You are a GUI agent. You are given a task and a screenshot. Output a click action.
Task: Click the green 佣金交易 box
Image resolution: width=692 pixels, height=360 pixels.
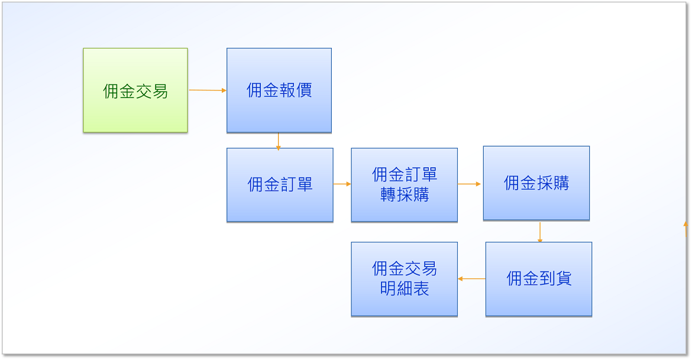click(x=135, y=90)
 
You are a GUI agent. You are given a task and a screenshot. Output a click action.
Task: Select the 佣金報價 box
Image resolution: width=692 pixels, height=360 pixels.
click(x=279, y=90)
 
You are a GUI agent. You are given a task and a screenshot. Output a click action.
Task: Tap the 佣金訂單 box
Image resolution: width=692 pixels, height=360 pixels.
click(x=280, y=184)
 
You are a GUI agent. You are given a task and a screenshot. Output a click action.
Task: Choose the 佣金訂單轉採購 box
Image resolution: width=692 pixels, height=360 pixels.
click(x=404, y=184)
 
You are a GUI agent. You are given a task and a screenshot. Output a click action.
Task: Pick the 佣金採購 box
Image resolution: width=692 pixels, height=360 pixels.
click(x=536, y=183)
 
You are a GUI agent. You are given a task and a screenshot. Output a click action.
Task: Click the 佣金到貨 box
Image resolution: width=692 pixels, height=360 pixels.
click(x=539, y=279)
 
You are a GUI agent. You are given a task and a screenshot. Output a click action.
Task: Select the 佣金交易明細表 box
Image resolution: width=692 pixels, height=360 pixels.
click(x=404, y=279)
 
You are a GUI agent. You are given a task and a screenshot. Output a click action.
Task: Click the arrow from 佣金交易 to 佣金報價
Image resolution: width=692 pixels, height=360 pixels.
click(x=208, y=90)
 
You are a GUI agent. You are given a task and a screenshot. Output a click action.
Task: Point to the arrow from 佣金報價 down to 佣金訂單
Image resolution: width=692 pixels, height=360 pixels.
click(x=278, y=142)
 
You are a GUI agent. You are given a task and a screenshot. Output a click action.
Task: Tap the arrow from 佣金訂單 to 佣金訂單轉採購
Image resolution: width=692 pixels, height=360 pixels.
click(x=342, y=184)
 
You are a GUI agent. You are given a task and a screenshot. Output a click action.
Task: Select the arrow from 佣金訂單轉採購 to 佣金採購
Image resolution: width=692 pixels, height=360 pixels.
click(x=469, y=184)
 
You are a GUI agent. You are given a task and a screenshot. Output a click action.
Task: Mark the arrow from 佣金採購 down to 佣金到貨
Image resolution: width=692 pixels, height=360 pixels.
click(x=540, y=232)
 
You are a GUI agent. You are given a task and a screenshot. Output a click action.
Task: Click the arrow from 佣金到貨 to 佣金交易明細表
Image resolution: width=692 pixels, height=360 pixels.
click(x=471, y=279)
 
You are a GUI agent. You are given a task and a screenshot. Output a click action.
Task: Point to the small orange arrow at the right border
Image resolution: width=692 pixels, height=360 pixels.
click(x=686, y=229)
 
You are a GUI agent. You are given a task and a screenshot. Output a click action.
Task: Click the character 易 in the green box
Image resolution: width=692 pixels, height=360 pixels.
click(x=160, y=91)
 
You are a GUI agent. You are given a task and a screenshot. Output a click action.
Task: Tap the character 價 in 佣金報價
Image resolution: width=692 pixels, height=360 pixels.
click(x=304, y=90)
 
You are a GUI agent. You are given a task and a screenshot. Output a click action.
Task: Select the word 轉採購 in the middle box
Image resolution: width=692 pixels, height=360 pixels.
click(x=405, y=194)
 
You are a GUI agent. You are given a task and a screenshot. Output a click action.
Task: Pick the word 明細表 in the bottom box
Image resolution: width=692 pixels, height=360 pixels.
click(x=405, y=288)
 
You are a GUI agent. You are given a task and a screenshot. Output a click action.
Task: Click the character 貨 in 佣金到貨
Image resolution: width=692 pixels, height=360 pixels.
click(x=564, y=278)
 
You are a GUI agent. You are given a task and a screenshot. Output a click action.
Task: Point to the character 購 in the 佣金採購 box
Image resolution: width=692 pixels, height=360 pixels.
click(x=561, y=183)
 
